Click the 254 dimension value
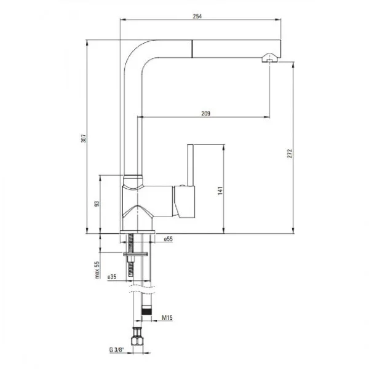[197, 16]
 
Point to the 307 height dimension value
[84, 138]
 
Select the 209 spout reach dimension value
[205, 113]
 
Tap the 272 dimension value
[290, 153]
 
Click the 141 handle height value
[220, 191]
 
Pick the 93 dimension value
[97, 204]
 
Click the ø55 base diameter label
[169, 239]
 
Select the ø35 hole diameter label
[112, 277]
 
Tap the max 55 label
[97, 270]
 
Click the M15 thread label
[167, 317]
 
